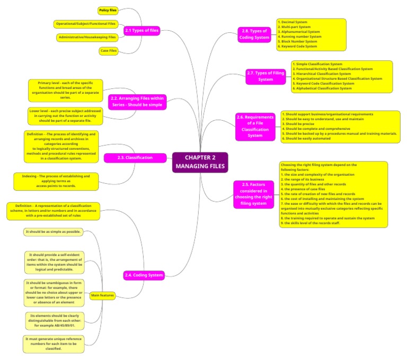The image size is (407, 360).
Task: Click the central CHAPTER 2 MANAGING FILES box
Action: pyautogui.click(x=200, y=162)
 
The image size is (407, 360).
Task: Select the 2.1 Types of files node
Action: pyautogui.click(x=141, y=31)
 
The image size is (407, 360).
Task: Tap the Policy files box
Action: pyautogui.click(x=108, y=10)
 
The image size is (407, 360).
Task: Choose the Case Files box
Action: pyautogui.click(x=108, y=51)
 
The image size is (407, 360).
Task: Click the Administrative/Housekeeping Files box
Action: pyautogui.click(x=87, y=37)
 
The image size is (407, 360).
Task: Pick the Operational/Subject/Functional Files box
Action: pyautogui.click(x=86, y=24)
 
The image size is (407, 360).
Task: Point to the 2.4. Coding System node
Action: pyautogui.click(x=144, y=275)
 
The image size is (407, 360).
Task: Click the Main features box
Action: pyautogui.click(x=102, y=295)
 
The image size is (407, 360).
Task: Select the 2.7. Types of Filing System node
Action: pyautogui.click(x=266, y=76)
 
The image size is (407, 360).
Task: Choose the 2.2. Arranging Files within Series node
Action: pyautogui.click(x=137, y=102)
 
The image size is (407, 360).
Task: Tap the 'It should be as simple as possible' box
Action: pyautogui.click(x=52, y=232)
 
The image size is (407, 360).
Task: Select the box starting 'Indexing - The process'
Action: pyautogui.click(x=56, y=181)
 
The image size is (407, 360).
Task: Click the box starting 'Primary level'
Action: pyautogui.click(x=65, y=90)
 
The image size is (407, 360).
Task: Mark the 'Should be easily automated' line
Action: pyautogui.click(x=305, y=139)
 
